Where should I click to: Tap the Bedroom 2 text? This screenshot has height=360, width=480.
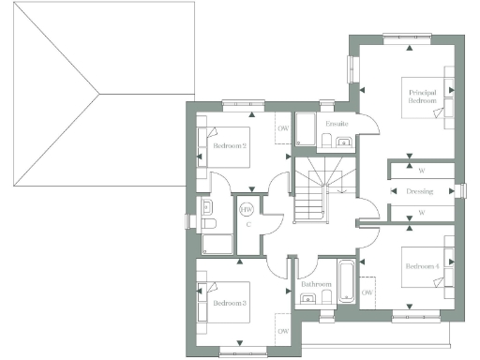pyautogui.click(x=230, y=146)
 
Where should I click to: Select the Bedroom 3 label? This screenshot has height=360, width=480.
pyautogui.click(x=229, y=304)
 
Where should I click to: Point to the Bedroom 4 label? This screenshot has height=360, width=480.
pyautogui.click(x=421, y=267)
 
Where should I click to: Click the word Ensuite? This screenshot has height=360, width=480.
pyautogui.click(x=337, y=124)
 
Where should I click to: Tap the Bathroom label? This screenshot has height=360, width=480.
pyautogui.click(x=316, y=284)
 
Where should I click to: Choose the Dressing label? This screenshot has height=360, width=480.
pyautogui.click(x=420, y=191)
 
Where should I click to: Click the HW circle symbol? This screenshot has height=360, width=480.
pyautogui.click(x=247, y=210)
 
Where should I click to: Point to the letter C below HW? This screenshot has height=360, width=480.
pyautogui.click(x=247, y=225)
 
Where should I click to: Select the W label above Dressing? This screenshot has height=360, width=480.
pyautogui.click(x=421, y=171)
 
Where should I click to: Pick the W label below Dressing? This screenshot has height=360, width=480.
pyautogui.click(x=421, y=213)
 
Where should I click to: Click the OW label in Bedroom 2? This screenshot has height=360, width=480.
pyautogui.click(x=282, y=129)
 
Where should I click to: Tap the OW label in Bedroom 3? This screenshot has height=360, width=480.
pyautogui.click(x=282, y=332)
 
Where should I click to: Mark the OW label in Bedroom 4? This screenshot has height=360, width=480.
pyautogui.click(x=367, y=293)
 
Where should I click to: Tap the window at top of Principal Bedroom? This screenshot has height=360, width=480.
pyautogui.click(x=409, y=36)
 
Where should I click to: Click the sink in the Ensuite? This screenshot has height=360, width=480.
pyautogui.click(x=342, y=142)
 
